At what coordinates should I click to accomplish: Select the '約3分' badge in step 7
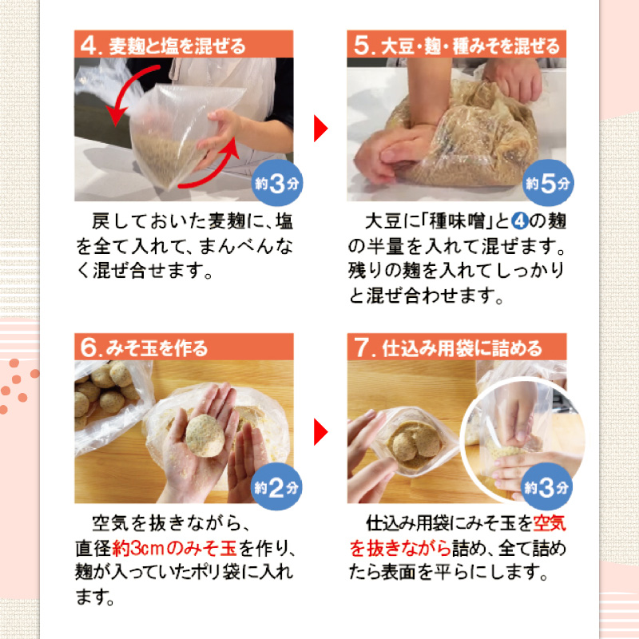(x=548, y=488)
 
